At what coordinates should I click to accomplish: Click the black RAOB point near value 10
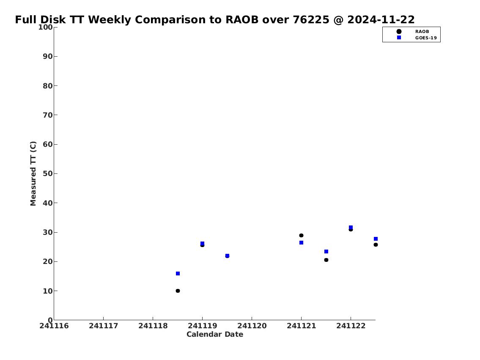point(178,291)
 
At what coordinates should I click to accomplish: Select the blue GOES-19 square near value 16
point(178,273)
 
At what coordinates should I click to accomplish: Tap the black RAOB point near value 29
point(301,235)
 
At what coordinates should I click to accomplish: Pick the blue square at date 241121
point(301,242)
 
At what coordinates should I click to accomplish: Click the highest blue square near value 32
point(351,228)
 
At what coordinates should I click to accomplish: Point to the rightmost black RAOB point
point(376,245)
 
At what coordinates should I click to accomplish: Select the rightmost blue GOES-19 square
point(376,239)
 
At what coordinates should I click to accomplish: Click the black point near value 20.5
point(326,260)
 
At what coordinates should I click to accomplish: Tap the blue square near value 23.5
point(326,251)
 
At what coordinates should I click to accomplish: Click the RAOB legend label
point(422,32)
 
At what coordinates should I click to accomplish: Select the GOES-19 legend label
point(426,38)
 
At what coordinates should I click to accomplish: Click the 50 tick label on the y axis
point(48,173)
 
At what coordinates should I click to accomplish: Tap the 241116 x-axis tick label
point(54,326)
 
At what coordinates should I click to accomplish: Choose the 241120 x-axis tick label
point(252,326)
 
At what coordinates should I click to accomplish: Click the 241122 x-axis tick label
point(351,326)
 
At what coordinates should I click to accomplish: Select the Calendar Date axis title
point(215,334)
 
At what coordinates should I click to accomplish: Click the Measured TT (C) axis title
point(33,173)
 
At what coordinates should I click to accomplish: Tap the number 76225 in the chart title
point(311,19)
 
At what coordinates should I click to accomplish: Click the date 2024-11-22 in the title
point(381,19)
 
